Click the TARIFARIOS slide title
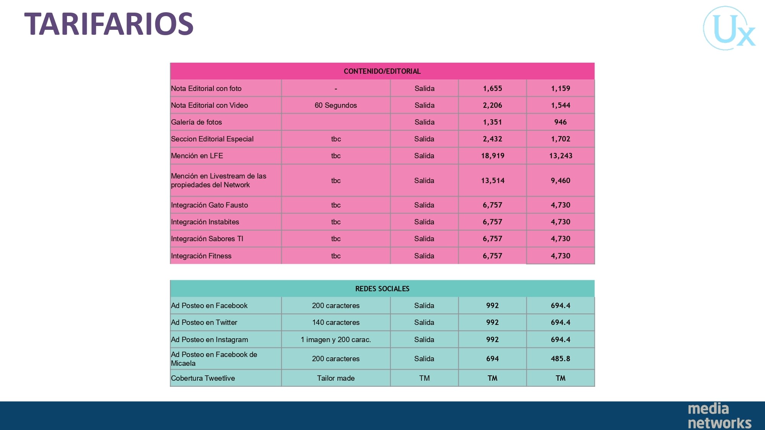tap(109, 24)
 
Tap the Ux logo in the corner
tap(729, 28)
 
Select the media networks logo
tap(719, 415)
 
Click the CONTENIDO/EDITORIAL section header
tap(382, 71)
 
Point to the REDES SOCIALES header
tap(382, 289)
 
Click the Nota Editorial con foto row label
tap(206, 88)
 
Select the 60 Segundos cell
tap(336, 105)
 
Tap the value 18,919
tap(493, 156)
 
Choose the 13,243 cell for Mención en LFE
tap(561, 156)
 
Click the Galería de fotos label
tap(196, 122)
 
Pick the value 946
tap(560, 122)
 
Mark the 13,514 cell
tap(493, 180)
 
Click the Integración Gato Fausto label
tap(209, 205)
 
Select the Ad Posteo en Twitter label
tap(204, 322)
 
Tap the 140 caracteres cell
tap(336, 322)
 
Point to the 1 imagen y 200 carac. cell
tap(336, 339)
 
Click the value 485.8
tap(560, 359)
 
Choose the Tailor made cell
tap(336, 378)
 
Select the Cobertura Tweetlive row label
tap(203, 378)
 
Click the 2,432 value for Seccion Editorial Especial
tap(492, 139)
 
